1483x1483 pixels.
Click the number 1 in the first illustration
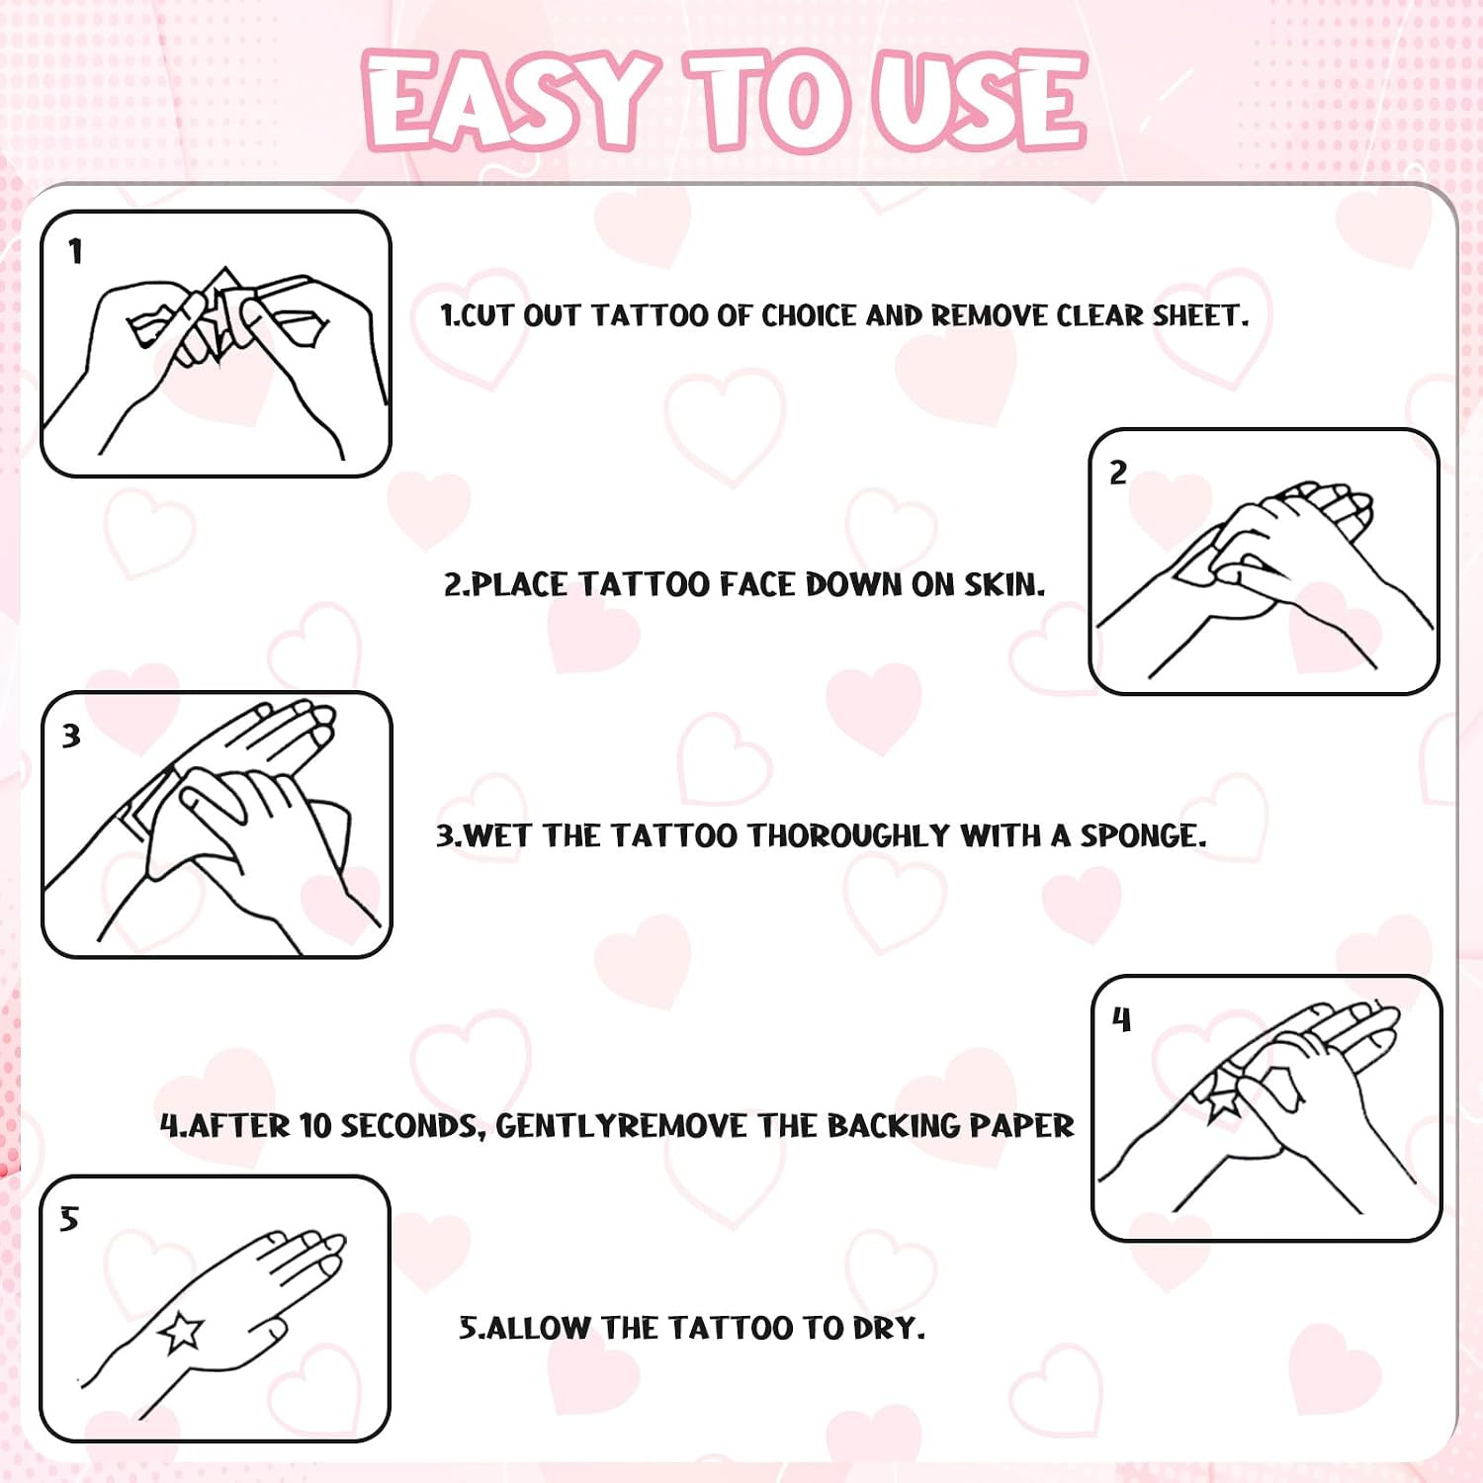[75, 252]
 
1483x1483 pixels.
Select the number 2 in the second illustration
[1118, 473]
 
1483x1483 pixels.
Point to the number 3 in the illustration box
[71, 736]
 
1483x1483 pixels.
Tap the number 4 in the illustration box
[1121, 1019]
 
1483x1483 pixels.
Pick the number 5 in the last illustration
[68, 1219]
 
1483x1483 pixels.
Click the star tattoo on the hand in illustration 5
[181, 1332]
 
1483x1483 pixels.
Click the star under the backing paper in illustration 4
[1222, 1097]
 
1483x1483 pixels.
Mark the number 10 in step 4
[315, 1126]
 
